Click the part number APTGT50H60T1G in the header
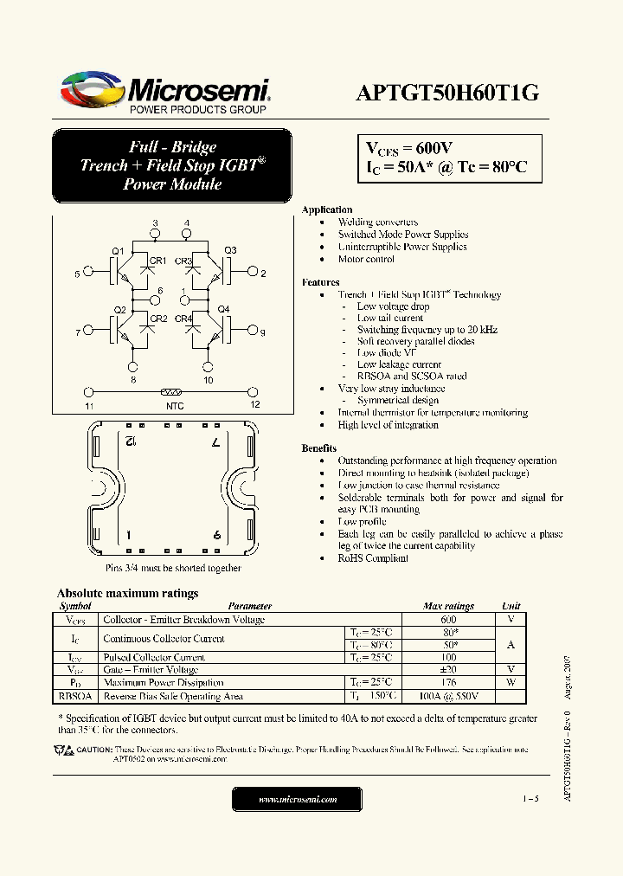tap(446, 93)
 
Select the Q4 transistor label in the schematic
tap(223, 309)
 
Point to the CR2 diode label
tap(159, 319)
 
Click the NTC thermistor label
tap(174, 405)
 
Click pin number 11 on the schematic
tap(89, 405)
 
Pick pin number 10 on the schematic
tap(208, 380)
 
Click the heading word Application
tap(326, 209)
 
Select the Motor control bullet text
tap(366, 259)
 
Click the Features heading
tap(320, 282)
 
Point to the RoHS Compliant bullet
tap(372, 558)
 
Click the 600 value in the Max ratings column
tap(447, 620)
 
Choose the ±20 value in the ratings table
tap(447, 669)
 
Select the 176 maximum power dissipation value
tap(447, 682)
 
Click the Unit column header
tap(511, 606)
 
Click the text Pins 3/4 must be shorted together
tap(173, 568)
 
